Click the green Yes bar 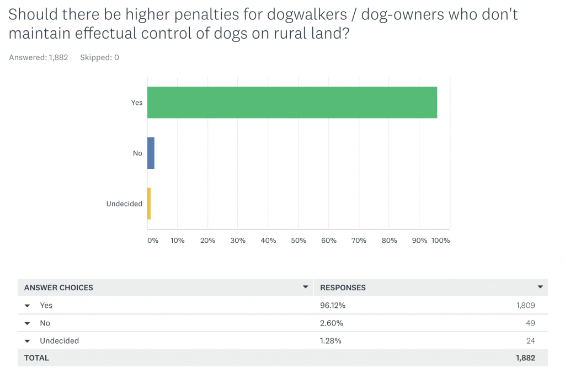click(x=292, y=103)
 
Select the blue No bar click(x=151, y=153)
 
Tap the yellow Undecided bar click(x=149, y=204)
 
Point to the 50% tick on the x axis click(x=299, y=241)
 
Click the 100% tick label click(x=441, y=241)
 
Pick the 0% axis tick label click(x=153, y=241)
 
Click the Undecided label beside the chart click(x=124, y=204)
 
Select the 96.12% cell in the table click(x=333, y=305)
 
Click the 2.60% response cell click(x=331, y=323)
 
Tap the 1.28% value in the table click(x=331, y=340)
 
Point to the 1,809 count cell click(x=525, y=305)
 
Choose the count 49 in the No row click(x=530, y=323)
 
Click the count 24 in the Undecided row click(x=530, y=340)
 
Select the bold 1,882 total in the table click(x=525, y=358)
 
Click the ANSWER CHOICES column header click(x=58, y=287)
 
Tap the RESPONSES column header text click(x=343, y=287)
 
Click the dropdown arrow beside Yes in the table click(x=27, y=306)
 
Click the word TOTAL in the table click(x=36, y=358)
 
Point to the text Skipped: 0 click(x=99, y=57)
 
